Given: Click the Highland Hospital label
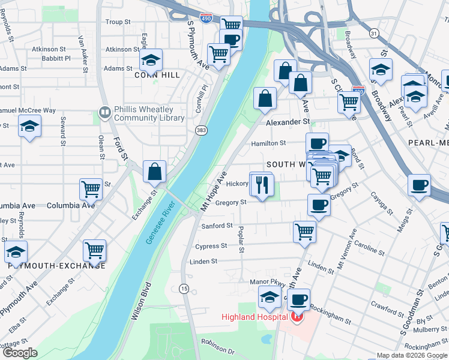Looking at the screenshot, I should pyautogui.click(x=255, y=317).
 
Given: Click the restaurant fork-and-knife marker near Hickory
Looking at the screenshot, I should pyautogui.click(x=261, y=184).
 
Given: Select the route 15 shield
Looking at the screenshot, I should pyautogui.click(x=184, y=289).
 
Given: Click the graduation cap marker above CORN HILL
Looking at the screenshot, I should pyautogui.click(x=151, y=60).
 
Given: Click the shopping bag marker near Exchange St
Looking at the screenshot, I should pyautogui.click(x=155, y=172).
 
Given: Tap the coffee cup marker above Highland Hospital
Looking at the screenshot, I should pyautogui.click(x=298, y=299).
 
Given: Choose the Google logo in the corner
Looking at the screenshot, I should pyautogui.click(x=20, y=353).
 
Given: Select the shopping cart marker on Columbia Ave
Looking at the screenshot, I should pyautogui.click(x=91, y=190).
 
